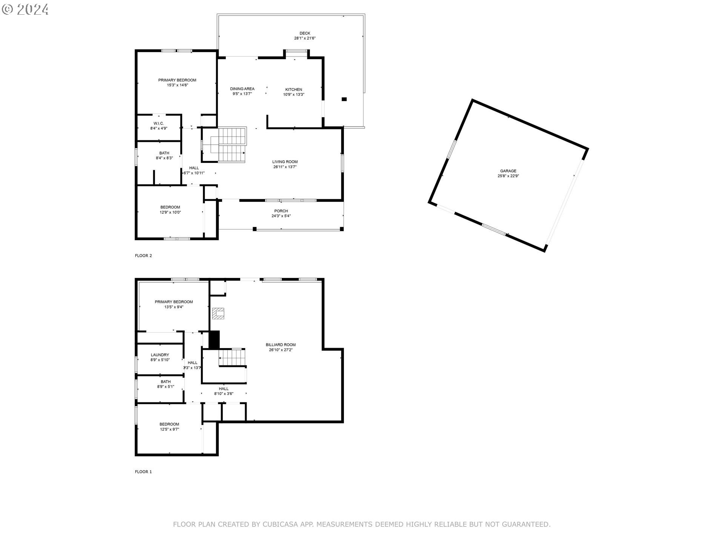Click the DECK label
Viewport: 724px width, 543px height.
(x=305, y=33)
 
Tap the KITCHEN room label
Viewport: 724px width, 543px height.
(x=293, y=90)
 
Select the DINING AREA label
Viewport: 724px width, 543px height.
(x=242, y=89)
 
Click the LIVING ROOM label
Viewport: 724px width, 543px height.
(x=285, y=162)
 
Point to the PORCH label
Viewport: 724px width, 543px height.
(x=281, y=211)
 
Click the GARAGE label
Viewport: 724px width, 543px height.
(x=508, y=171)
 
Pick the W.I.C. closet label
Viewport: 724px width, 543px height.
(x=158, y=123)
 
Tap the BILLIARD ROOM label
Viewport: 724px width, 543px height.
(x=281, y=345)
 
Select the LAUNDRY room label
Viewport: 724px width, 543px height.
(x=160, y=355)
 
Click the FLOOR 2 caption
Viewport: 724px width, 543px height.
(x=143, y=256)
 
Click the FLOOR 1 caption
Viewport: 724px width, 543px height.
(x=143, y=472)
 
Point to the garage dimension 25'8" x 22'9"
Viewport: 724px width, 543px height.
(x=508, y=176)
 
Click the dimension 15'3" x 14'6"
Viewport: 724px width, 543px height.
(x=177, y=85)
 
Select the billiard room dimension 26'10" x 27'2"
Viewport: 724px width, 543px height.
(x=281, y=350)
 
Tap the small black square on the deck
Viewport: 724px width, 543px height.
(x=344, y=99)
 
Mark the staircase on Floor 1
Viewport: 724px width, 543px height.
(x=232, y=357)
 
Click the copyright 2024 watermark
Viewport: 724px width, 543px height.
(x=25, y=9)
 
